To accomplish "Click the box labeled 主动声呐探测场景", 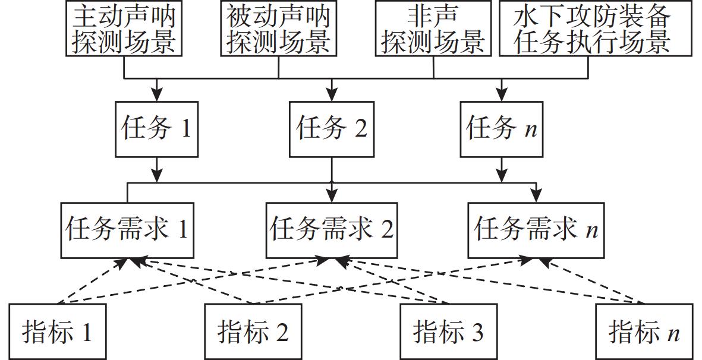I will [124, 28].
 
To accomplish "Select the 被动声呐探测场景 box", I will [279, 28].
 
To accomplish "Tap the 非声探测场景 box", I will [433, 28].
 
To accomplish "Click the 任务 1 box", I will [156, 129].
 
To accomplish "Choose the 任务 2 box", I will [332, 129].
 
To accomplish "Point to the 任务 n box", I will [502, 129].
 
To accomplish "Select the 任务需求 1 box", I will [127, 229].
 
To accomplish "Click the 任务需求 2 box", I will [332, 229].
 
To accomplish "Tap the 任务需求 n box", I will [536, 229].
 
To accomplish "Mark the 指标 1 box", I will [58, 331].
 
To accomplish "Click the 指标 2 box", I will [253, 331].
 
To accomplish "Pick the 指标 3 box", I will [449, 331].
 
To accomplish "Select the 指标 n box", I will [644, 331].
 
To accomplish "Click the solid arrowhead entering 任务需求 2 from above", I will [332, 195].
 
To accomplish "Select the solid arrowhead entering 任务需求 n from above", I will [536, 195].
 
